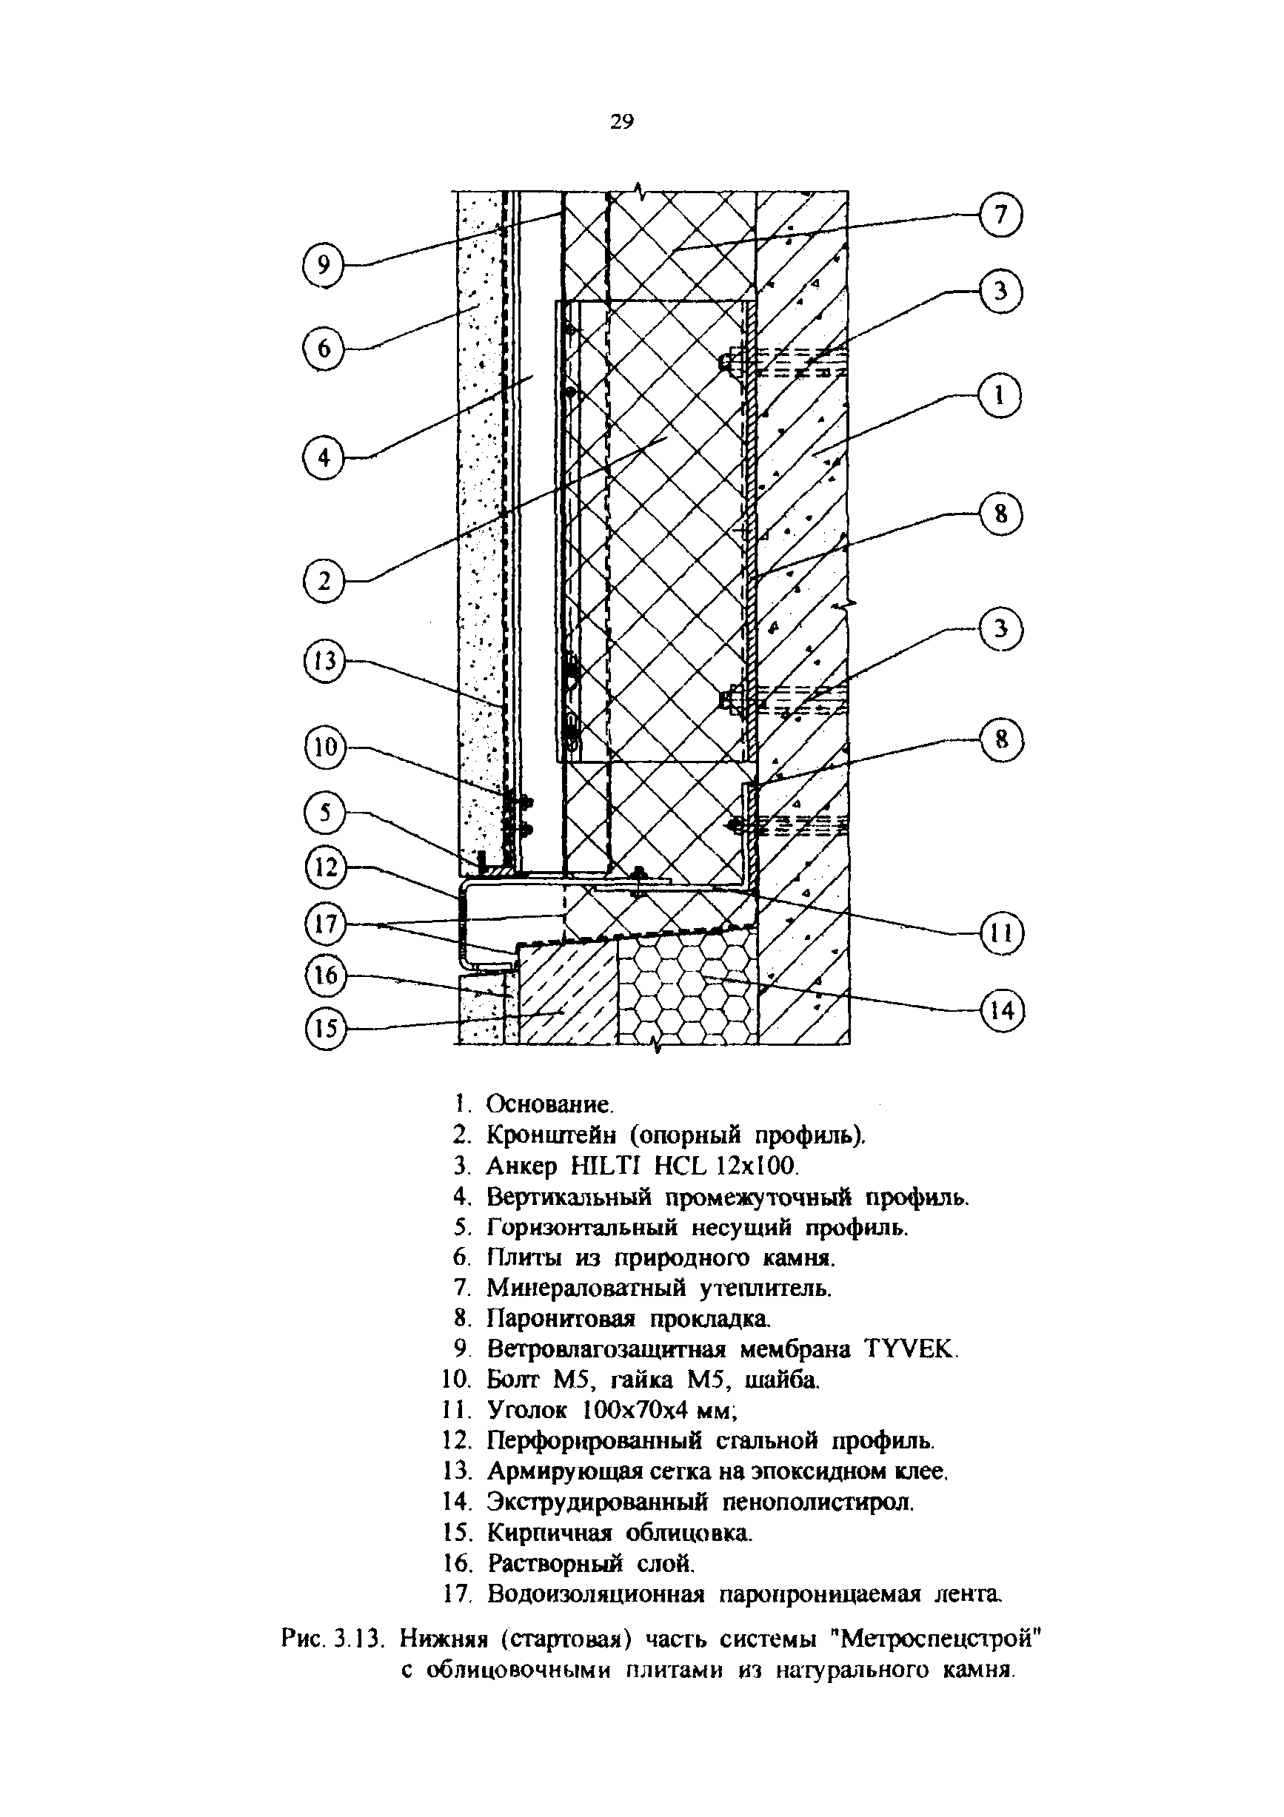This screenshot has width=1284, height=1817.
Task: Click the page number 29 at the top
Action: click(x=621, y=121)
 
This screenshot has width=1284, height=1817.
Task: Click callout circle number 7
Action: click(x=1000, y=215)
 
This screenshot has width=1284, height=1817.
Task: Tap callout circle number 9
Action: click(x=324, y=264)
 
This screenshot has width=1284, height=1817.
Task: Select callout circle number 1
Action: click(x=1000, y=395)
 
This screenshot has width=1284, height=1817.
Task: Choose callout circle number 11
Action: click(x=1001, y=935)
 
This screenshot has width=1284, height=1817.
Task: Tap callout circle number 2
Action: click(x=324, y=582)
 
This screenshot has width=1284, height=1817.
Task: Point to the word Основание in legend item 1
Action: click(x=549, y=1104)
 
